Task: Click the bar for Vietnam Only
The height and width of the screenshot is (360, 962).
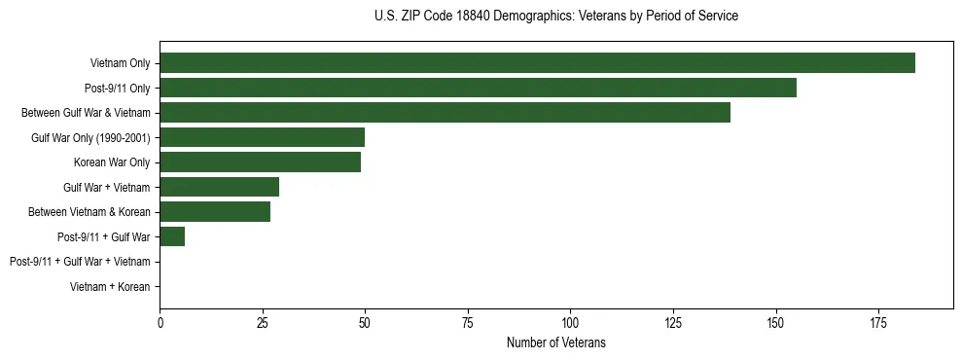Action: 537,63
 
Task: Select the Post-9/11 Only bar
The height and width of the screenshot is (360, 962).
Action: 478,88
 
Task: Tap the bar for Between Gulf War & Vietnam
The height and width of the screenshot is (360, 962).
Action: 445,113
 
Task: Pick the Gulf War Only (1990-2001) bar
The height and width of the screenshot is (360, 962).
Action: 263,137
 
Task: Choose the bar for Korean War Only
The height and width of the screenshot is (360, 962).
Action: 261,162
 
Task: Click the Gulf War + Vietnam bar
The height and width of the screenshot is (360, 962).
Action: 220,187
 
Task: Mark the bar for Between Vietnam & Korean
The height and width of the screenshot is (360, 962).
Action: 215,212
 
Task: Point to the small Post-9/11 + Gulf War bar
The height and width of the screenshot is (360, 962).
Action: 172,236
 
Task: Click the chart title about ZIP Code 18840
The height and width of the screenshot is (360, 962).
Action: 555,17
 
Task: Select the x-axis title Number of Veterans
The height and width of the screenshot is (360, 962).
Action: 555,342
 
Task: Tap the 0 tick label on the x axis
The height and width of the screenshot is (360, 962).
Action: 160,322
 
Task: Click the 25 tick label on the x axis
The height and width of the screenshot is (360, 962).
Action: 263,322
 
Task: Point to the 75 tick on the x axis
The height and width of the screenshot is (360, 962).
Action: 468,322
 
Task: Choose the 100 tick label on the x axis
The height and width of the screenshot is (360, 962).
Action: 570,322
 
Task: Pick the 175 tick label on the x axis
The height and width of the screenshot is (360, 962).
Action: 877,322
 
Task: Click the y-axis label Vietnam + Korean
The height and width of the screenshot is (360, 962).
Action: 110,287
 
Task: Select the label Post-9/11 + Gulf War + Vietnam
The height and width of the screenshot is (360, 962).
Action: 80,262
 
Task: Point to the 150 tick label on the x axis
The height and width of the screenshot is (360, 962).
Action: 775,322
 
